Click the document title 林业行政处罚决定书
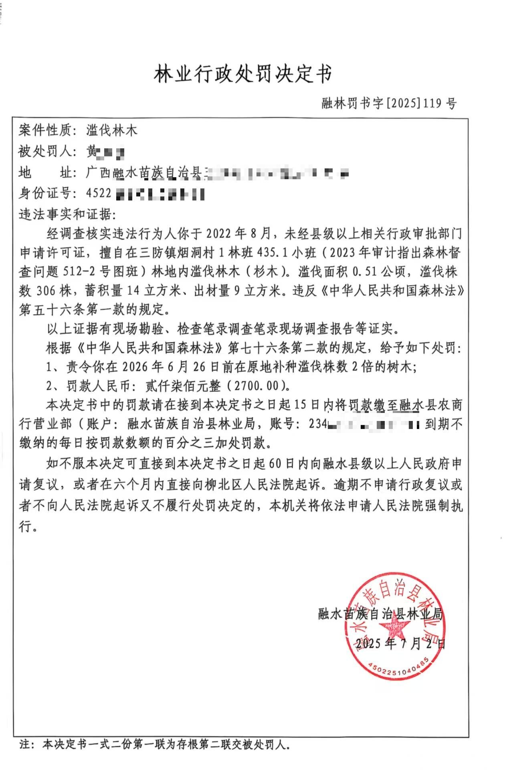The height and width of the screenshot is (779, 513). coord(243,74)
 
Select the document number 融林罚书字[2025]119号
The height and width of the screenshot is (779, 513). coord(389,104)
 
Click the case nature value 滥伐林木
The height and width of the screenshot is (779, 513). coord(112,130)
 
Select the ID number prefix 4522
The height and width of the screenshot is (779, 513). coord(99,194)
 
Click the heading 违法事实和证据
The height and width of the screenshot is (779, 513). coord(67,214)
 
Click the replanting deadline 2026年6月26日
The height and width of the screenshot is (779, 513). coord(156,367)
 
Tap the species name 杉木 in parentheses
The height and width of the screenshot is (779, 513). coord(270,271)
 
